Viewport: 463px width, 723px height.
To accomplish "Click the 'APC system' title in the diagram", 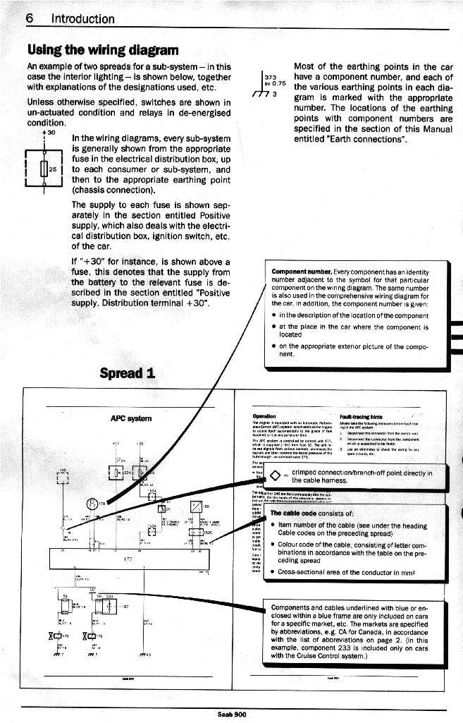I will coord(126,418).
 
